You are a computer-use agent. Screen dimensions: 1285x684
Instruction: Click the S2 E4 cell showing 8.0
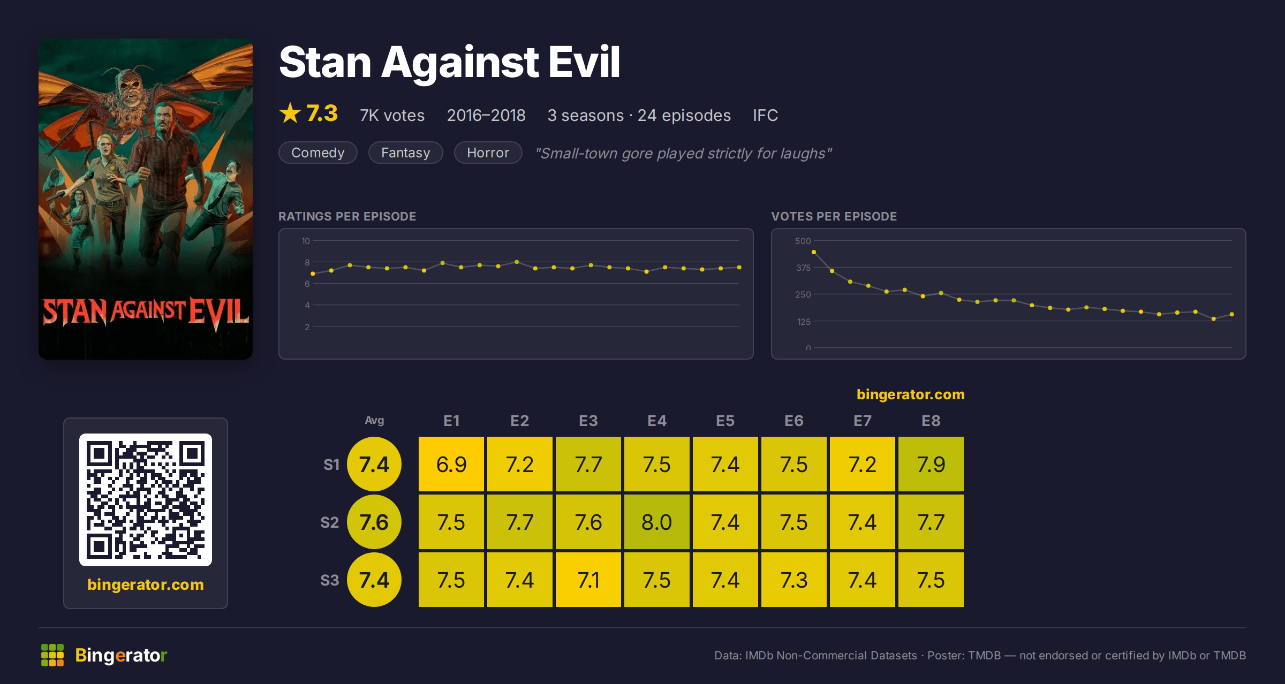point(657,522)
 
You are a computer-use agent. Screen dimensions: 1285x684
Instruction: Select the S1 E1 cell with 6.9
point(451,464)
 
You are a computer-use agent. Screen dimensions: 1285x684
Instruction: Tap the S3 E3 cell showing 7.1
point(588,580)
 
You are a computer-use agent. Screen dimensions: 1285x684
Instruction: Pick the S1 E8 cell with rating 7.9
point(931,464)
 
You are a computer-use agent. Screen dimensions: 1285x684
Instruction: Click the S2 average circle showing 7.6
point(374,522)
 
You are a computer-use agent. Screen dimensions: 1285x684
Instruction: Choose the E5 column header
point(725,421)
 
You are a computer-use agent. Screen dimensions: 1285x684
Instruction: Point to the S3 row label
point(330,580)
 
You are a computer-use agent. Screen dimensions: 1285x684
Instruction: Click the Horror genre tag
point(488,153)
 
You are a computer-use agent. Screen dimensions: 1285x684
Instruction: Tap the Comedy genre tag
point(318,153)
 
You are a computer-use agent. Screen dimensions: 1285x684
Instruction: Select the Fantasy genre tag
point(406,153)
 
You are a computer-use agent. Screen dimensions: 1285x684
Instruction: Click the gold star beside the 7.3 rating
point(290,113)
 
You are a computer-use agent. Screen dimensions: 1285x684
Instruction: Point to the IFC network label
point(765,115)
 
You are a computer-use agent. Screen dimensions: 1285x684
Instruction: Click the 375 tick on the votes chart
point(803,268)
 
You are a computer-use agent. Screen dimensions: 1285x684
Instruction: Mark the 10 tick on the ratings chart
point(305,241)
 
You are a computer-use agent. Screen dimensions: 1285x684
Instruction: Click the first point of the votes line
point(814,252)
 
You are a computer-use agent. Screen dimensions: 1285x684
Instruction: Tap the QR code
point(146,500)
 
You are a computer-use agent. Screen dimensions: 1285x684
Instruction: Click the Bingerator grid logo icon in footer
point(52,655)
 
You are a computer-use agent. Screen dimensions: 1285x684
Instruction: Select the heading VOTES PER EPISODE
point(834,216)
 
